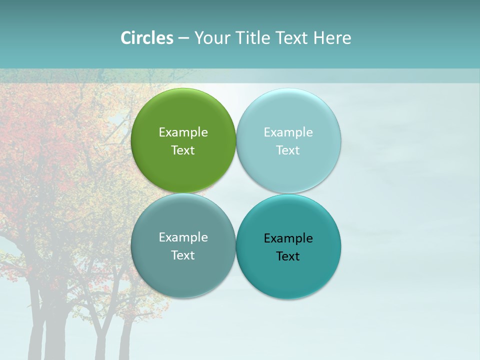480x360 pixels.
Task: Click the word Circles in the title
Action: pos(146,38)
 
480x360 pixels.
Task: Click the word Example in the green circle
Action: pos(183,132)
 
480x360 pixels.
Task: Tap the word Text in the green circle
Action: pos(183,150)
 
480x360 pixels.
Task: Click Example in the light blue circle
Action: pos(288,132)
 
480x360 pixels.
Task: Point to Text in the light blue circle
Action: pos(288,150)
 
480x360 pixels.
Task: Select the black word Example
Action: pos(288,238)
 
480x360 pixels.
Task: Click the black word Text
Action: pos(288,256)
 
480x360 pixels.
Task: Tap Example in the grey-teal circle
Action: pos(183,237)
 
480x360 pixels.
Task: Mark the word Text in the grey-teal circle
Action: pos(183,255)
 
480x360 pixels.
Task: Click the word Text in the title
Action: pos(293,38)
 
